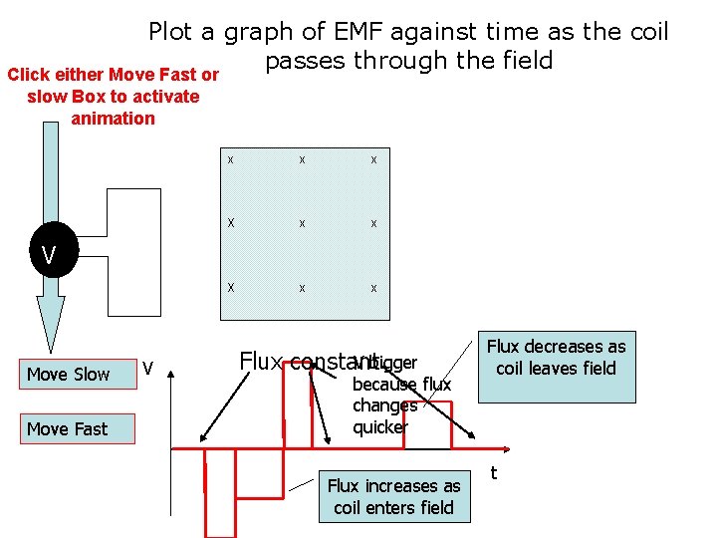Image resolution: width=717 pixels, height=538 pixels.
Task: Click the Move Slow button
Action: point(68,374)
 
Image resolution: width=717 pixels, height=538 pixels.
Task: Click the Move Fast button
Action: point(68,428)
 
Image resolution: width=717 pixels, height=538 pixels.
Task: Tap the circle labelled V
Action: point(48,256)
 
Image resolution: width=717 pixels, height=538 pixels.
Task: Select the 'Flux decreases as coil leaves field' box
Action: point(556,368)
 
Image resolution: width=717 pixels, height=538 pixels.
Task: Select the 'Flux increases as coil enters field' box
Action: point(393,496)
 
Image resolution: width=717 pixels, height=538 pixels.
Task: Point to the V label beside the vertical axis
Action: point(147,369)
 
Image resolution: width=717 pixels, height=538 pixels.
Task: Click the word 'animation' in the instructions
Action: point(113,119)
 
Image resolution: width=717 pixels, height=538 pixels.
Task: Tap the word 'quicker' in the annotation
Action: point(379,427)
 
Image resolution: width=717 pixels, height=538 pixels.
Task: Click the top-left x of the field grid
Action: point(231,159)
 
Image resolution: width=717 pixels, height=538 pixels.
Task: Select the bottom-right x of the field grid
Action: point(373,288)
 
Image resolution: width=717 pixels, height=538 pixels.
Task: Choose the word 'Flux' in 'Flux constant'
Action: point(262,361)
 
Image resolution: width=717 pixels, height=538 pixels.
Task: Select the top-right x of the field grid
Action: point(373,159)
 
